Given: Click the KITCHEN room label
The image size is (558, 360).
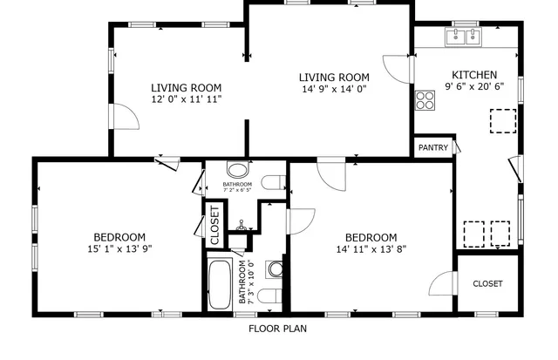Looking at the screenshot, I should (x=474, y=75).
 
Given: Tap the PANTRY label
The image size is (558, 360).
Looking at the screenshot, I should (x=432, y=148).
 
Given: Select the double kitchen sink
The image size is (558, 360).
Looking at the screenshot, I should (x=464, y=37).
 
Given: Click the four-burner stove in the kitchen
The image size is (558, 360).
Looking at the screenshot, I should (x=425, y=100).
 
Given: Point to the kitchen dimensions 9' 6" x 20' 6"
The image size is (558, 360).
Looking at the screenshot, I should (x=474, y=87).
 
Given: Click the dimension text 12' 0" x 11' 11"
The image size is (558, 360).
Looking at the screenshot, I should (x=186, y=99).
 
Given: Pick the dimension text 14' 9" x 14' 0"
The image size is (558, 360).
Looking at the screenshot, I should (x=335, y=89).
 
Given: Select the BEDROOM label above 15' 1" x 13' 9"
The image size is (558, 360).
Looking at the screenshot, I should (x=119, y=237).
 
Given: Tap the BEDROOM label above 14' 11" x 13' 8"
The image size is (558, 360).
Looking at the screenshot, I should (x=371, y=237).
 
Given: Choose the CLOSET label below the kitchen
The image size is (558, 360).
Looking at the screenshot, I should (x=487, y=283).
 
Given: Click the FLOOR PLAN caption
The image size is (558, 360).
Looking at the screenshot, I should (x=277, y=329).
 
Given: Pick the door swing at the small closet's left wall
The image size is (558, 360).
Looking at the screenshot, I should (x=445, y=283).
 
